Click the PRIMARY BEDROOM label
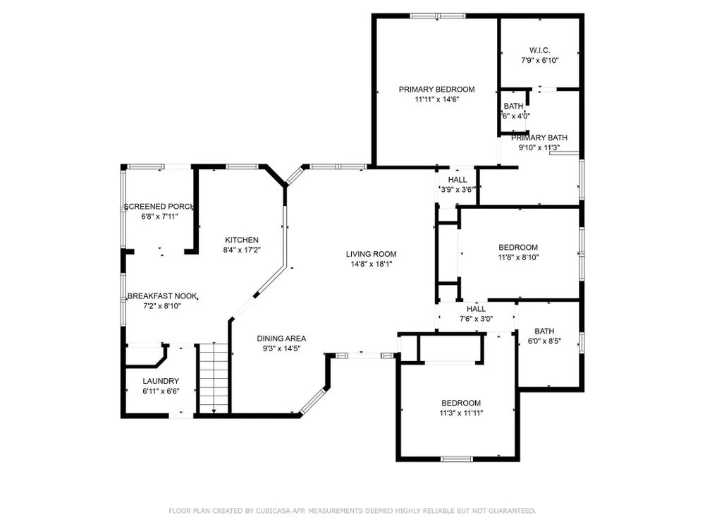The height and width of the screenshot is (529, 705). tap(436, 89)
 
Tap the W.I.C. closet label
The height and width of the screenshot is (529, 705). tap(539, 50)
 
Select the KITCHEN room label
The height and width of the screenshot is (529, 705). tap(242, 240)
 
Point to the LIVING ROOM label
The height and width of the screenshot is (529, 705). tap(372, 254)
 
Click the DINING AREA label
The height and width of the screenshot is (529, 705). tap(281, 339)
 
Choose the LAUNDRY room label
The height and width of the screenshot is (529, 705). tap(161, 381)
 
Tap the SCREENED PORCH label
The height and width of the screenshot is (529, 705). tap(159, 207)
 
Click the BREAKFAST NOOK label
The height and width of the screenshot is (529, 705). tap(162, 296)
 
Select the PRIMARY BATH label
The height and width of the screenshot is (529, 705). tap(539, 138)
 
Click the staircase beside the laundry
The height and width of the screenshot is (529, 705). tap(214, 378)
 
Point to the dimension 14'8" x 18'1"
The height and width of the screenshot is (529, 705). tap(372, 264)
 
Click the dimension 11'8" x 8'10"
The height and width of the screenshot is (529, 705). tap(518, 257)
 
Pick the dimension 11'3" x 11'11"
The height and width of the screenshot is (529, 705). tap(461, 413)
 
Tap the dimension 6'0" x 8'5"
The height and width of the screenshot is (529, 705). tap(544, 341)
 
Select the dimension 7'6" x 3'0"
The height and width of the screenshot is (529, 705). tap(476, 319)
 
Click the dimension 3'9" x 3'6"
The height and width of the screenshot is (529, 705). tap(458, 190)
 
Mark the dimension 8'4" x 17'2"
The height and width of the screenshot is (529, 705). tap(242, 250)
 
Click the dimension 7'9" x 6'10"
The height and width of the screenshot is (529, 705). tap(540, 60)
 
